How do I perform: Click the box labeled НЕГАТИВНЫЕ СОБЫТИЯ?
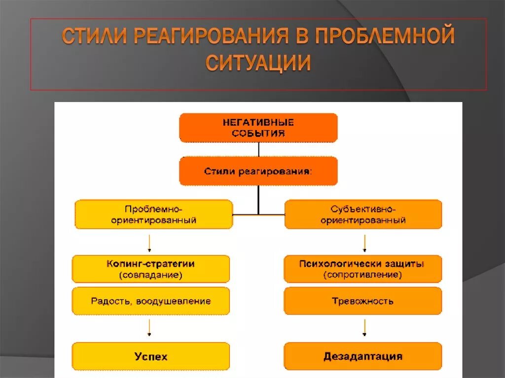[258, 128]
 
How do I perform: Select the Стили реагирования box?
[258, 171]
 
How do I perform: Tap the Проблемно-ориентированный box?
[153, 214]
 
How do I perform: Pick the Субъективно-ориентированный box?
[363, 214]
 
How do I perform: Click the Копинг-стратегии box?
[150, 269]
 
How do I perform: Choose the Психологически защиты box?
[362, 269]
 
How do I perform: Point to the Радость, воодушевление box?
[150, 301]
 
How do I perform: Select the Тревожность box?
[362, 301]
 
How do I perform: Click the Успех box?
[150, 356]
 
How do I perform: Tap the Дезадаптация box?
[362, 356]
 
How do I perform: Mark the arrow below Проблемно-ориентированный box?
[150, 243]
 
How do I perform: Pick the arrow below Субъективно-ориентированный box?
[364, 243]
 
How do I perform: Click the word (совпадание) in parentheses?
[150, 275]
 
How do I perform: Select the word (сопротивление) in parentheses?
[362, 275]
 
